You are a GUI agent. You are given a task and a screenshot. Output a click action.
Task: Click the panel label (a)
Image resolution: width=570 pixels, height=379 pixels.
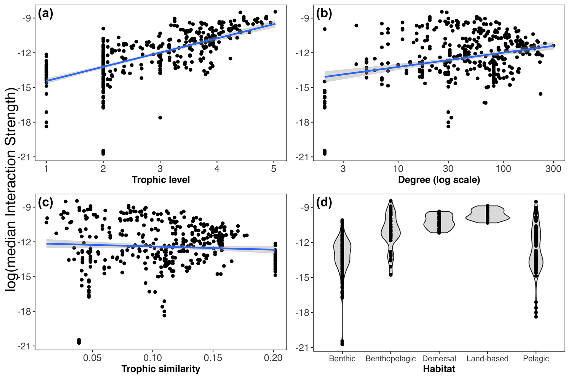[x=45, y=14]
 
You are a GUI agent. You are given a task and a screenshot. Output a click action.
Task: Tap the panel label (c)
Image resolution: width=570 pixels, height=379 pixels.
[x=45, y=202]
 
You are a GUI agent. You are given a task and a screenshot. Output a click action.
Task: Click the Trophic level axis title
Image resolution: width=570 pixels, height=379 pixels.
[x=161, y=180]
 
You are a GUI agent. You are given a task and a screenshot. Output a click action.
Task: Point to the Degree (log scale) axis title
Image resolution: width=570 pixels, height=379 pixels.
[x=439, y=180]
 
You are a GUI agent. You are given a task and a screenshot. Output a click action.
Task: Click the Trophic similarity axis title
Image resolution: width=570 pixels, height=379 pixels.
[x=161, y=369]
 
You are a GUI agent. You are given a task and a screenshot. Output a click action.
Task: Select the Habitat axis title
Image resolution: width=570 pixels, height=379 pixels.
[x=439, y=369]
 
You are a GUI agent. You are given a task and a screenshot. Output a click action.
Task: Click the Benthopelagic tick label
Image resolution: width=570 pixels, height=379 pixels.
[x=390, y=359]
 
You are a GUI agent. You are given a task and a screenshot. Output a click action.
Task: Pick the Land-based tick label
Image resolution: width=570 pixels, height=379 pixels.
[x=487, y=359]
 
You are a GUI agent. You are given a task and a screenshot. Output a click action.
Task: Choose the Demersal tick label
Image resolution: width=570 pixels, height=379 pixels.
[x=439, y=359]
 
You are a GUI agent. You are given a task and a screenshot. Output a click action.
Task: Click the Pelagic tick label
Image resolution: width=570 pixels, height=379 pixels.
[x=536, y=359]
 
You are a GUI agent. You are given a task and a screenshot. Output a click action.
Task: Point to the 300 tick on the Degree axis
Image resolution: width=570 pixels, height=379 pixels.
[x=553, y=168]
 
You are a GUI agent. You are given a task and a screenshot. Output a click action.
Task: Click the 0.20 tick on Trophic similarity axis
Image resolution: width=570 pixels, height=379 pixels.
[x=273, y=358]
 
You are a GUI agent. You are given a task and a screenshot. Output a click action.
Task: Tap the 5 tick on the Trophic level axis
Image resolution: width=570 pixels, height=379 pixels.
[x=274, y=168]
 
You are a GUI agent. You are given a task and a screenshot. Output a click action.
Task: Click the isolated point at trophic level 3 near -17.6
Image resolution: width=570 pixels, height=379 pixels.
[x=160, y=118]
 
